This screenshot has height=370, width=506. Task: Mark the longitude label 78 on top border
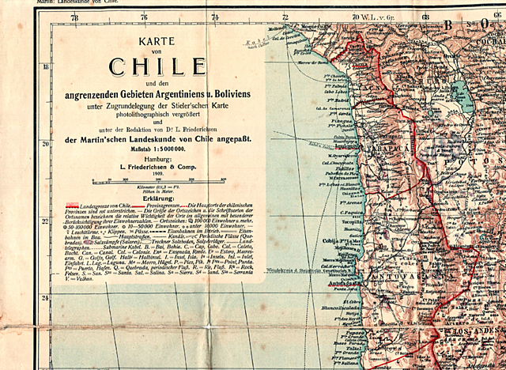tap(74, 16)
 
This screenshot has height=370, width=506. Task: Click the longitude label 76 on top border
tap(144, 16)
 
